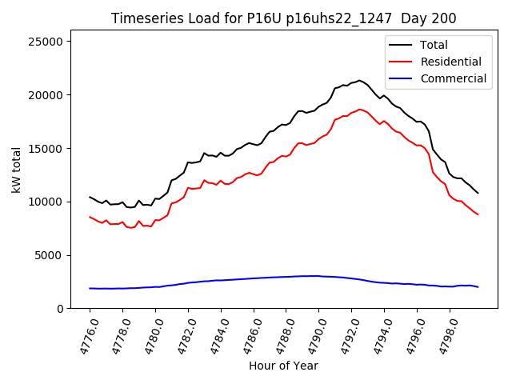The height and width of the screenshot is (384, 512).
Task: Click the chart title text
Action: [x=284, y=18]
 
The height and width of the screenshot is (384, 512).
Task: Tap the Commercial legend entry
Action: [x=453, y=78]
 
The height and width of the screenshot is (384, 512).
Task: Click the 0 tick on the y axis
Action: [x=61, y=309]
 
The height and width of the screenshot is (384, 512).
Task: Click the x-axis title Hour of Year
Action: [x=284, y=366]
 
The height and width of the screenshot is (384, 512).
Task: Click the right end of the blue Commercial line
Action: [x=478, y=286]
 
